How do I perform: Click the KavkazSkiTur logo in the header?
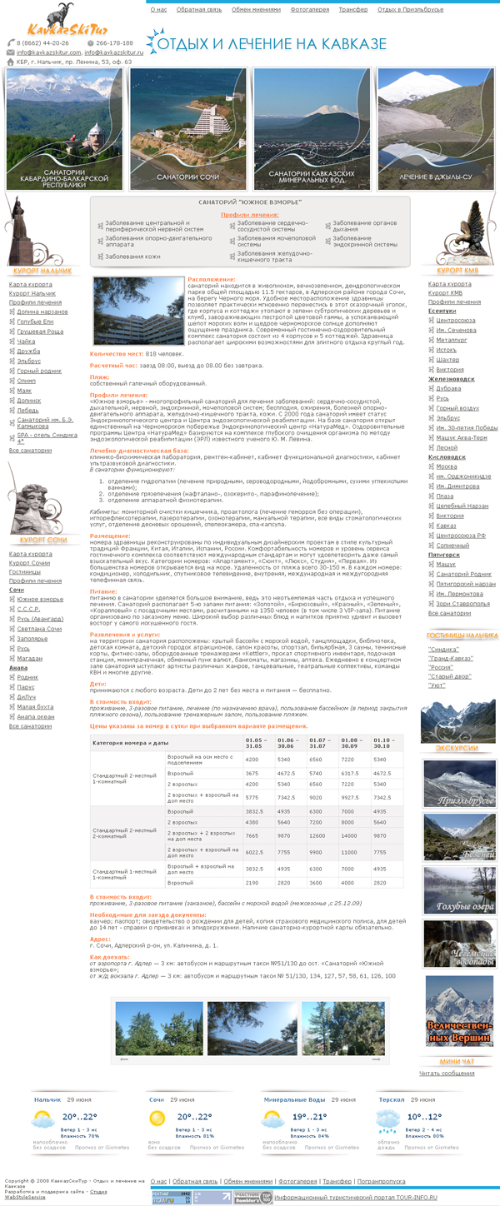pos(52,21)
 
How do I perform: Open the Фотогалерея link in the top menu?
pos(309,10)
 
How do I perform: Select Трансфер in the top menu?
pos(352,10)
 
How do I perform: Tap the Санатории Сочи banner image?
pos(188,129)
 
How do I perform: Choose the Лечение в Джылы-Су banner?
pos(435,129)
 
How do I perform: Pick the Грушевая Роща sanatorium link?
pos(39,331)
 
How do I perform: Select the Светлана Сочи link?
pos(39,629)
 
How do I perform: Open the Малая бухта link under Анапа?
pos(36,707)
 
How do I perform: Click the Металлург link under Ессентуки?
pos(451,340)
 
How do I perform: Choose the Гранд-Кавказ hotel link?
pos(450,659)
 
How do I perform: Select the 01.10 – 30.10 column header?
pos(384,741)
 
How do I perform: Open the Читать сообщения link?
pos(447,1073)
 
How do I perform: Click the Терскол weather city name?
pos(392,1099)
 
